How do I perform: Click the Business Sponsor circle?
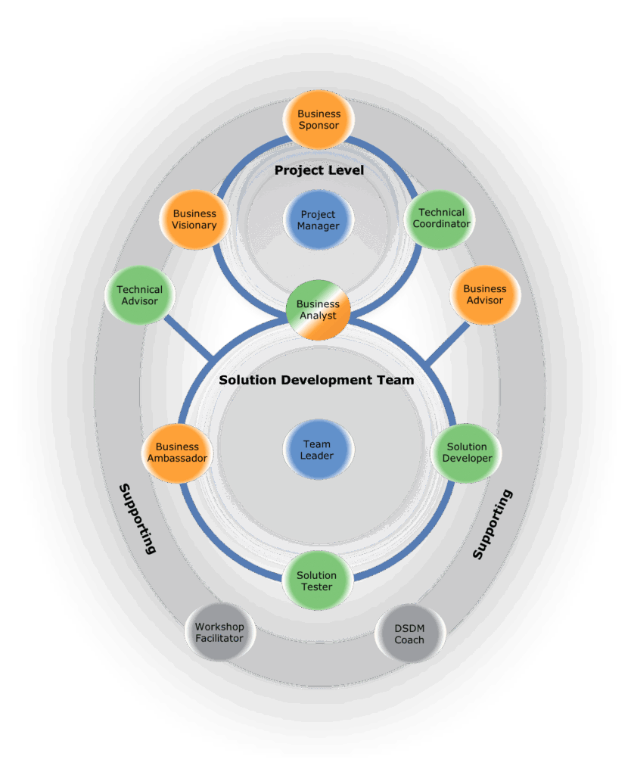click(x=319, y=120)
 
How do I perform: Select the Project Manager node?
click(x=319, y=220)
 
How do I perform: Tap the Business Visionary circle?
click(x=194, y=219)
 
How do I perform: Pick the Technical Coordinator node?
click(x=441, y=218)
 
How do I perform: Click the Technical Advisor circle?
click(x=139, y=295)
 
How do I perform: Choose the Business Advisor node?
click(x=484, y=294)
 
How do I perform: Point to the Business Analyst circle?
click(x=319, y=310)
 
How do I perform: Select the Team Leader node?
click(x=319, y=450)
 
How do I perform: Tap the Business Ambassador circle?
click(x=177, y=453)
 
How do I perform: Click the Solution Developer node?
click(x=467, y=453)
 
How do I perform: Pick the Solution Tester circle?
click(x=317, y=580)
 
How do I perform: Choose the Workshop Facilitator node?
click(x=219, y=632)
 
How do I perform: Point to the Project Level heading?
click(x=319, y=170)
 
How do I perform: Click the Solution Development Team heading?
click(x=316, y=380)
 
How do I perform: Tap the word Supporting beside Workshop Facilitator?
click(x=138, y=518)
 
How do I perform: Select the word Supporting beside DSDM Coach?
click(x=493, y=524)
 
